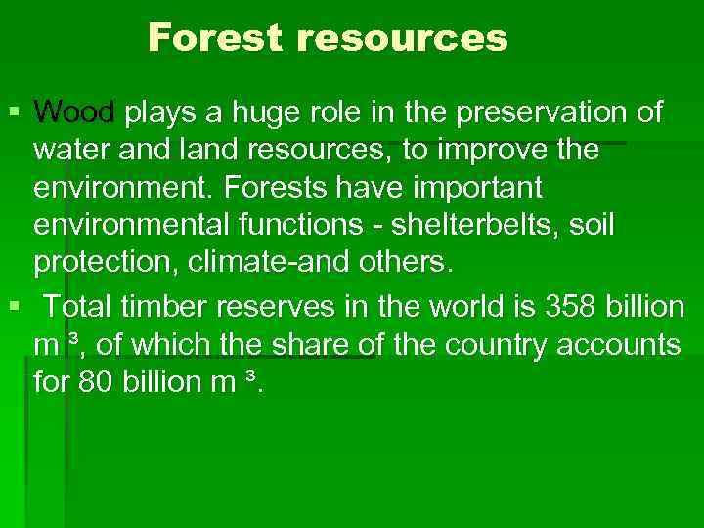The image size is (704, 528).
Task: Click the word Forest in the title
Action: point(213,39)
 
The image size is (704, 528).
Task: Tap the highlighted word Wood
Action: point(74,113)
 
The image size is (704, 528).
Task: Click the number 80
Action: point(96,382)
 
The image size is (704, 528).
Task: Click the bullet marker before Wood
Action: point(11,113)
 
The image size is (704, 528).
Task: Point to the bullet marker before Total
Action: point(11,307)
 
